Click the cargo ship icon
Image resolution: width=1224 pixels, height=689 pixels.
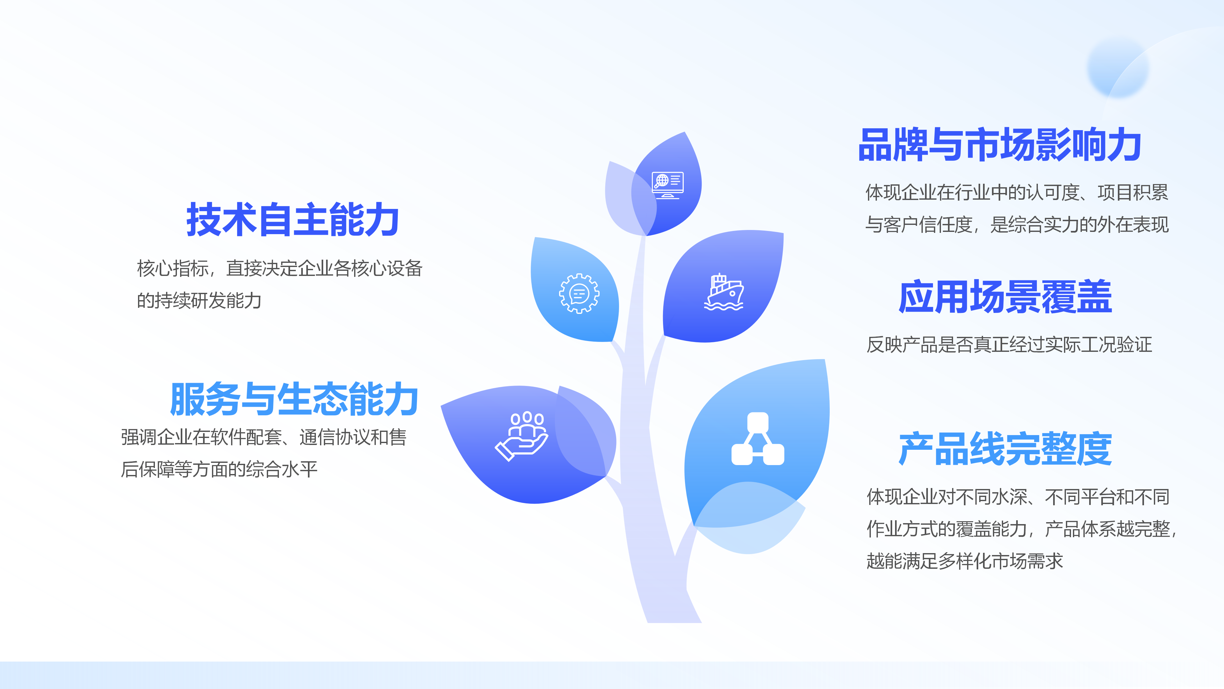point(724,293)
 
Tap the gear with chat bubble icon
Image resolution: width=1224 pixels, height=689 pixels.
point(579,293)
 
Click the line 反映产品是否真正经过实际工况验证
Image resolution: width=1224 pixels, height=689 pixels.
point(1009,345)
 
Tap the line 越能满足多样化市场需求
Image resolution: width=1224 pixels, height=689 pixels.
point(964,561)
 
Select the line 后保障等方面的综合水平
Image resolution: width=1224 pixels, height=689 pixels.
point(219,469)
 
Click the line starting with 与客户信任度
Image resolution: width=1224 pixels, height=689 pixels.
point(1016,225)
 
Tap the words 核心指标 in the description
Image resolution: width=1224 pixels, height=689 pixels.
point(172,269)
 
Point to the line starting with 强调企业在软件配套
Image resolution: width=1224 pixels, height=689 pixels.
point(264,437)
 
